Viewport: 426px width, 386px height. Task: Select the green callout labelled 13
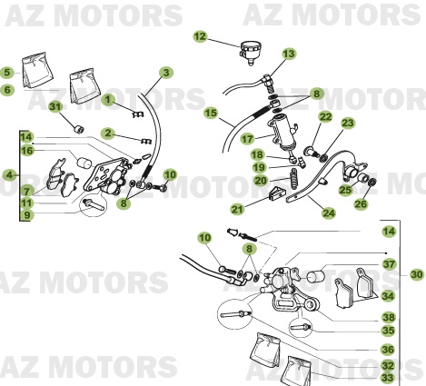289,54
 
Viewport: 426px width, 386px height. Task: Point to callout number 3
166,73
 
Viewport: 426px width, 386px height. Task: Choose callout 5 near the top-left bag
6,73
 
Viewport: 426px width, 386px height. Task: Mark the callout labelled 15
211,114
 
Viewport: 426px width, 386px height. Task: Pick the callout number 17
247,140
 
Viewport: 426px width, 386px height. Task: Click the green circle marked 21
237,209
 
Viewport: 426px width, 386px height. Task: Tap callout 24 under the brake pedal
329,214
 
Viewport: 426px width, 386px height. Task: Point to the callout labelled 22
324,117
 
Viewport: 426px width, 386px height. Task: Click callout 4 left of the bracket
9,173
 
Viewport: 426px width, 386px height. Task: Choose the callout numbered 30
416,273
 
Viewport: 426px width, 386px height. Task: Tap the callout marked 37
389,264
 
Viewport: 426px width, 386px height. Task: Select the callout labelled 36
389,349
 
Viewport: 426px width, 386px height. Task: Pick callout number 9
27,215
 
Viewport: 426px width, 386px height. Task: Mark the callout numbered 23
348,124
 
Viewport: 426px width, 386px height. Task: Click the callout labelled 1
108,99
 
